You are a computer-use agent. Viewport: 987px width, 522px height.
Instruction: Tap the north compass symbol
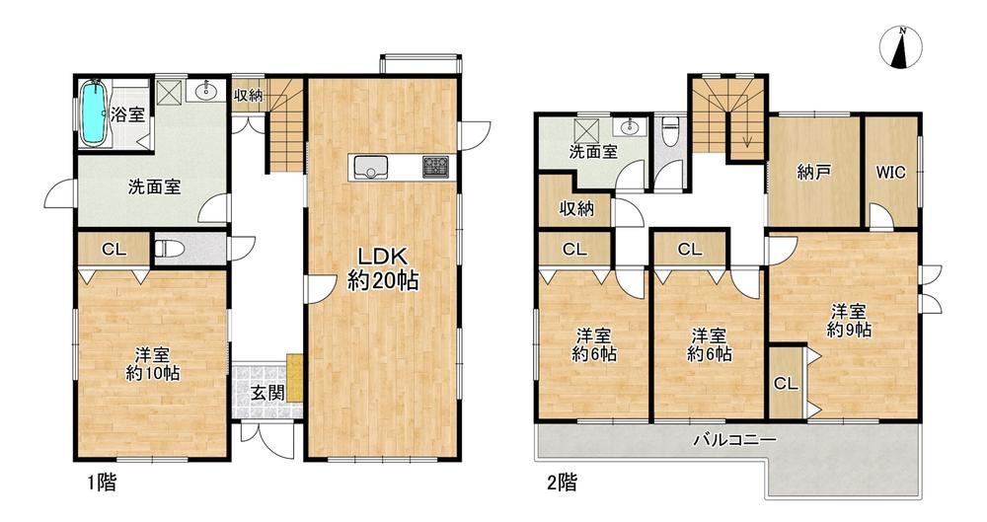click(901, 48)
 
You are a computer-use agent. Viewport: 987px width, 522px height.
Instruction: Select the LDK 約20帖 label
click(383, 268)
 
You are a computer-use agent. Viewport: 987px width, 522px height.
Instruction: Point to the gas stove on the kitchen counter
click(435, 166)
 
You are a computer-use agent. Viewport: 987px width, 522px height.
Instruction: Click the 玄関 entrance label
click(267, 393)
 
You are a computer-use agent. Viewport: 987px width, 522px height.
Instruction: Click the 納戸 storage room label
click(812, 173)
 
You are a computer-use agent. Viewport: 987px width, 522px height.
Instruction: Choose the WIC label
click(890, 172)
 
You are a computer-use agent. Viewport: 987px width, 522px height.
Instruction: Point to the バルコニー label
click(734, 439)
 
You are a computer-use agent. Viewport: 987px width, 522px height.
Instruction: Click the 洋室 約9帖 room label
click(849, 320)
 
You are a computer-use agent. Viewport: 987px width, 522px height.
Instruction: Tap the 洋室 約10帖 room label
click(153, 364)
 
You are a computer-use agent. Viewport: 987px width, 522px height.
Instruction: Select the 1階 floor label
click(102, 483)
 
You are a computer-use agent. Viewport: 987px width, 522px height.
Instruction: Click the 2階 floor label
click(562, 483)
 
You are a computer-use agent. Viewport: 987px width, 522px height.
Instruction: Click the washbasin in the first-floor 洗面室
click(206, 92)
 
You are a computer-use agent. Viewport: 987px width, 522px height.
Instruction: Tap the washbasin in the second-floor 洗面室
click(630, 128)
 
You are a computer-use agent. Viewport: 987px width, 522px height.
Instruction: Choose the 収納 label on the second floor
click(576, 208)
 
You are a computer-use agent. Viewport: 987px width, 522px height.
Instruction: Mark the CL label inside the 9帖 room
click(786, 383)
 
